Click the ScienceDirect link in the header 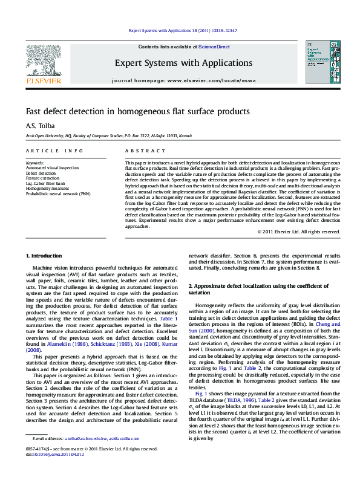tap(214, 47)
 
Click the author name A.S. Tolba tap(36, 126)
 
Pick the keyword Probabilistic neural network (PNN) tap(58, 193)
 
